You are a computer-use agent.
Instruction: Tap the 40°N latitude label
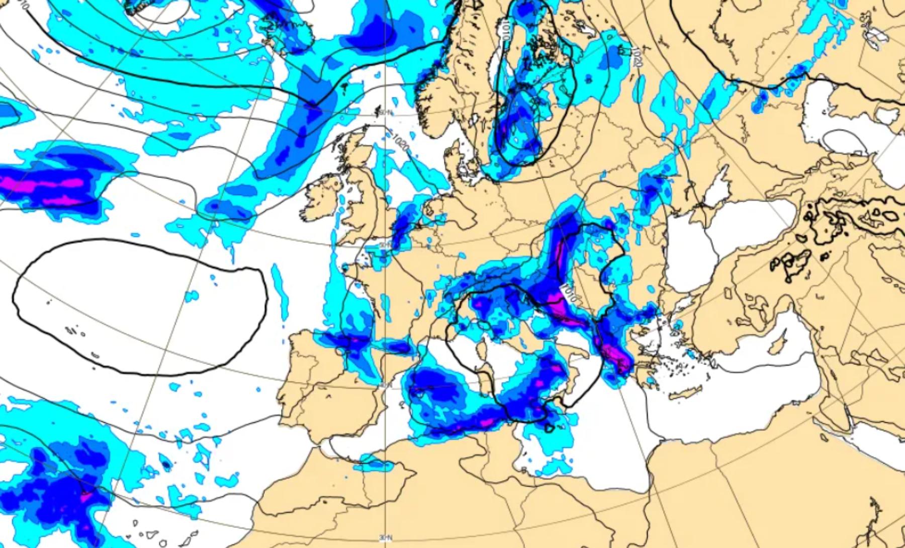click(x=385, y=385)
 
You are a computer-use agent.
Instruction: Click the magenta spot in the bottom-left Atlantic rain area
click(x=85, y=497)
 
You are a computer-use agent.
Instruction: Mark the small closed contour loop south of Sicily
click(x=550, y=428)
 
